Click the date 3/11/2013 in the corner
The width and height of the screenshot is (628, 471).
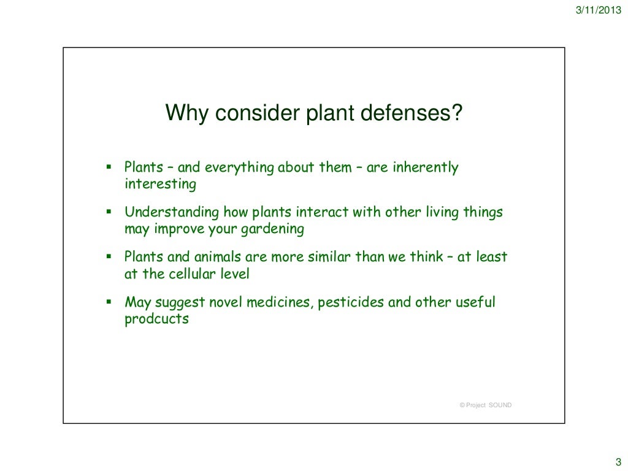(x=597, y=9)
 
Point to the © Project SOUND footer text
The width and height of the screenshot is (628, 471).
(x=485, y=405)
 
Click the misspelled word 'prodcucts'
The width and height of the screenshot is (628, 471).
(x=156, y=319)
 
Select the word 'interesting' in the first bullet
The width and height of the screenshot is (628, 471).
(x=160, y=184)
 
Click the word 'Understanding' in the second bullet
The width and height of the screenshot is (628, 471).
(x=163, y=213)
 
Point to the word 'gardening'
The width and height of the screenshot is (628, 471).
(x=275, y=229)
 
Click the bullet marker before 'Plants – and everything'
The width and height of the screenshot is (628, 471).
(x=108, y=167)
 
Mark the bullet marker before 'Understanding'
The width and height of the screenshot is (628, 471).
(x=108, y=212)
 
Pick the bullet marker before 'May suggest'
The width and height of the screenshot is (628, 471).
(x=108, y=302)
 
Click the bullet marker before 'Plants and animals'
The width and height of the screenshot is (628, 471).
(x=108, y=256)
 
